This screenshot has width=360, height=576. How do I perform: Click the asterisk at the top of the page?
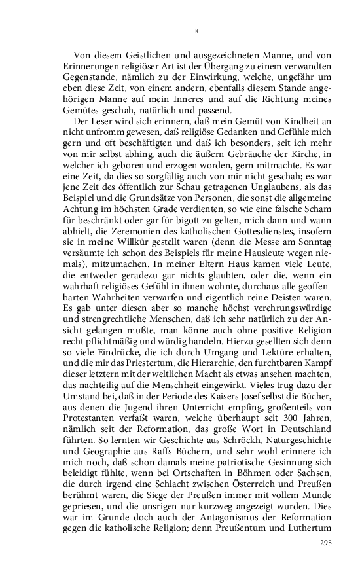pos(197,31)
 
